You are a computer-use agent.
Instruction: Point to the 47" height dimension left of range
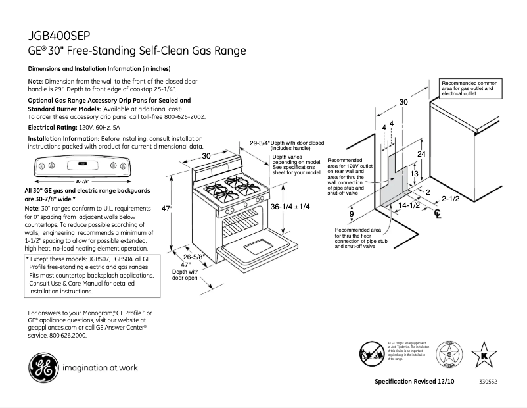pyautogui.click(x=167, y=209)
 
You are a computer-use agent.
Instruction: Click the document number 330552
pyautogui.click(x=488, y=382)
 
